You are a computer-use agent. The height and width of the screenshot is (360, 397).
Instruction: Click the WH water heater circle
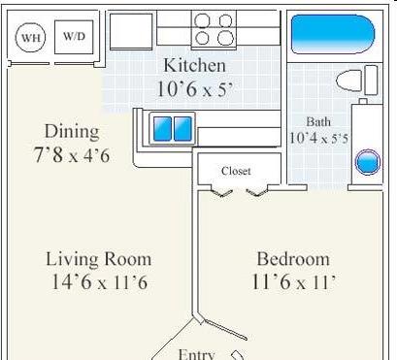[30, 37]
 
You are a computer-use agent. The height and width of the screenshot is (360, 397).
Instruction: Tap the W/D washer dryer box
[74, 37]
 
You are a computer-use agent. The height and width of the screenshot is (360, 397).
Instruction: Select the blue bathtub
[333, 34]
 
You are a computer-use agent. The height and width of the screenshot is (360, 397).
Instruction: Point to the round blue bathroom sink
[368, 162]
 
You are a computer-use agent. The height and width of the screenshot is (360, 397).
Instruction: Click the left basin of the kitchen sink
[162, 129]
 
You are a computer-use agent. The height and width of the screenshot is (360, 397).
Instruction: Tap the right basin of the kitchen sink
[182, 129]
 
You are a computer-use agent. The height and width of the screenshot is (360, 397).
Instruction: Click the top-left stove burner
[202, 20]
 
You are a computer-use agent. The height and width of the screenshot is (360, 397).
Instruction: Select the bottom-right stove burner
[225, 38]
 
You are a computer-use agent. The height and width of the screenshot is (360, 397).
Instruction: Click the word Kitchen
[194, 65]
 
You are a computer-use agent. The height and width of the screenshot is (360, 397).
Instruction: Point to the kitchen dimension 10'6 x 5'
[195, 88]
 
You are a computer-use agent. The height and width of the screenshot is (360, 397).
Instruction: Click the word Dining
[72, 132]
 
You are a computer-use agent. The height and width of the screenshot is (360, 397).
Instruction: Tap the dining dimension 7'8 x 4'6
[72, 155]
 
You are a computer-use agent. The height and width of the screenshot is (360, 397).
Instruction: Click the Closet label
[236, 171]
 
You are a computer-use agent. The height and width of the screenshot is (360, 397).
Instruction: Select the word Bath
[318, 122]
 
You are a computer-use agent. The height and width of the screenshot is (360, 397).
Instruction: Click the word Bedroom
[293, 259]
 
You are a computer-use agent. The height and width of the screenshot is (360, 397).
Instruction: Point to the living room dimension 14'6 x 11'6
[99, 281]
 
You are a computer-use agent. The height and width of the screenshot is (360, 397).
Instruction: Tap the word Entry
[196, 355]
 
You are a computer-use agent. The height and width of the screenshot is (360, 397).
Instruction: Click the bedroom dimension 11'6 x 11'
[293, 281]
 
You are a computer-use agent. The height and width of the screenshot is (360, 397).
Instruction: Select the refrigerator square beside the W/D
[131, 31]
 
